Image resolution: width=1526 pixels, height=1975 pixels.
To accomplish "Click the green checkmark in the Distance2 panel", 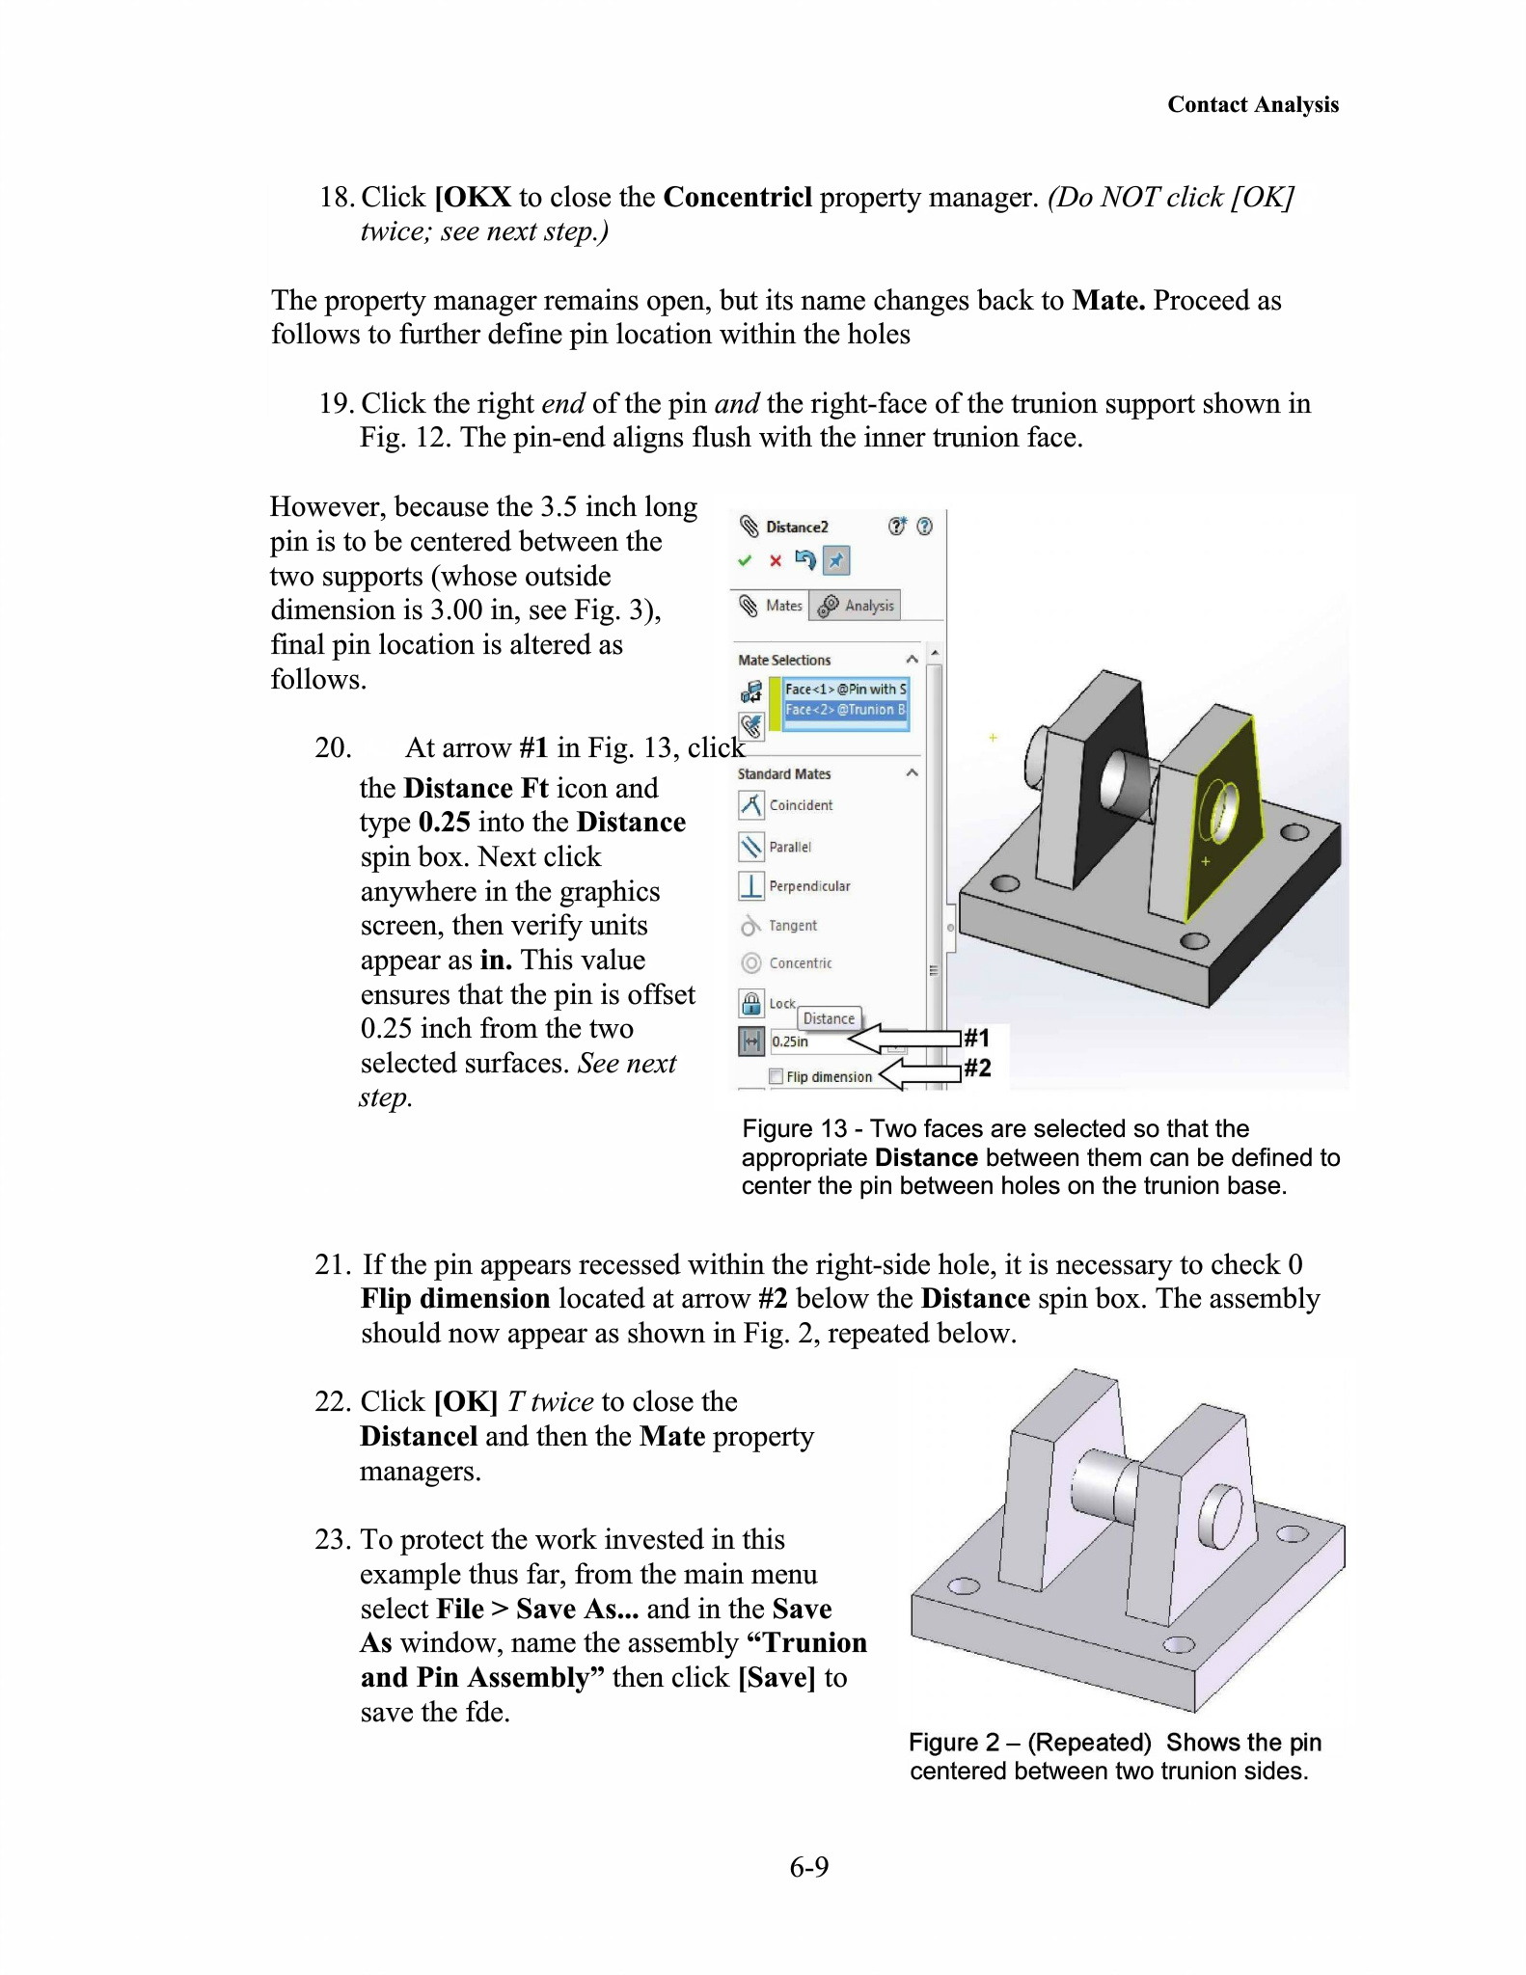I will point(744,560).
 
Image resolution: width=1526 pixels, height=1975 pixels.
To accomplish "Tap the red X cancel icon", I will point(775,560).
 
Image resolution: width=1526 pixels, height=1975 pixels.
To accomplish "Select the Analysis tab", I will point(856,606).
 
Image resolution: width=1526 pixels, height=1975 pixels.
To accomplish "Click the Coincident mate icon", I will point(750,804).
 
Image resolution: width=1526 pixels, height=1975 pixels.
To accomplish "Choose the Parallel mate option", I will point(789,847).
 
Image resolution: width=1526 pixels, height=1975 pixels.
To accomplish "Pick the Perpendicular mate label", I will point(809,886).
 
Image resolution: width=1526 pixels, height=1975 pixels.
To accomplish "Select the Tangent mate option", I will point(792,926).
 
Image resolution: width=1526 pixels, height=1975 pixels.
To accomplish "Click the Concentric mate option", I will point(800,963).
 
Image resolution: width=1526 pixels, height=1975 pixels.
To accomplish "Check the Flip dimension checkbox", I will point(776,1076).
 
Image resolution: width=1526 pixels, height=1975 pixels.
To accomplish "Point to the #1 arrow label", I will point(977,1038).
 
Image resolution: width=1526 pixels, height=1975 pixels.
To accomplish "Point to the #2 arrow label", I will point(977,1068).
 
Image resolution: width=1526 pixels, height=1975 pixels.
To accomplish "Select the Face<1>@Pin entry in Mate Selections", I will point(845,689).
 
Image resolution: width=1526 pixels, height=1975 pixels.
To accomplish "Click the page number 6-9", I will point(808,1868).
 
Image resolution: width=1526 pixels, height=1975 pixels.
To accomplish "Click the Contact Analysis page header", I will point(1252,104).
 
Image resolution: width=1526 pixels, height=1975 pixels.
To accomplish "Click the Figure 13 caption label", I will point(794,1128).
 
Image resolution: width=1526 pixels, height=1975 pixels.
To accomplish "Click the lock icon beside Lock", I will point(750,1003).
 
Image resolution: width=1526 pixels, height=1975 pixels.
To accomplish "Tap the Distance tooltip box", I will point(829,1018).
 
